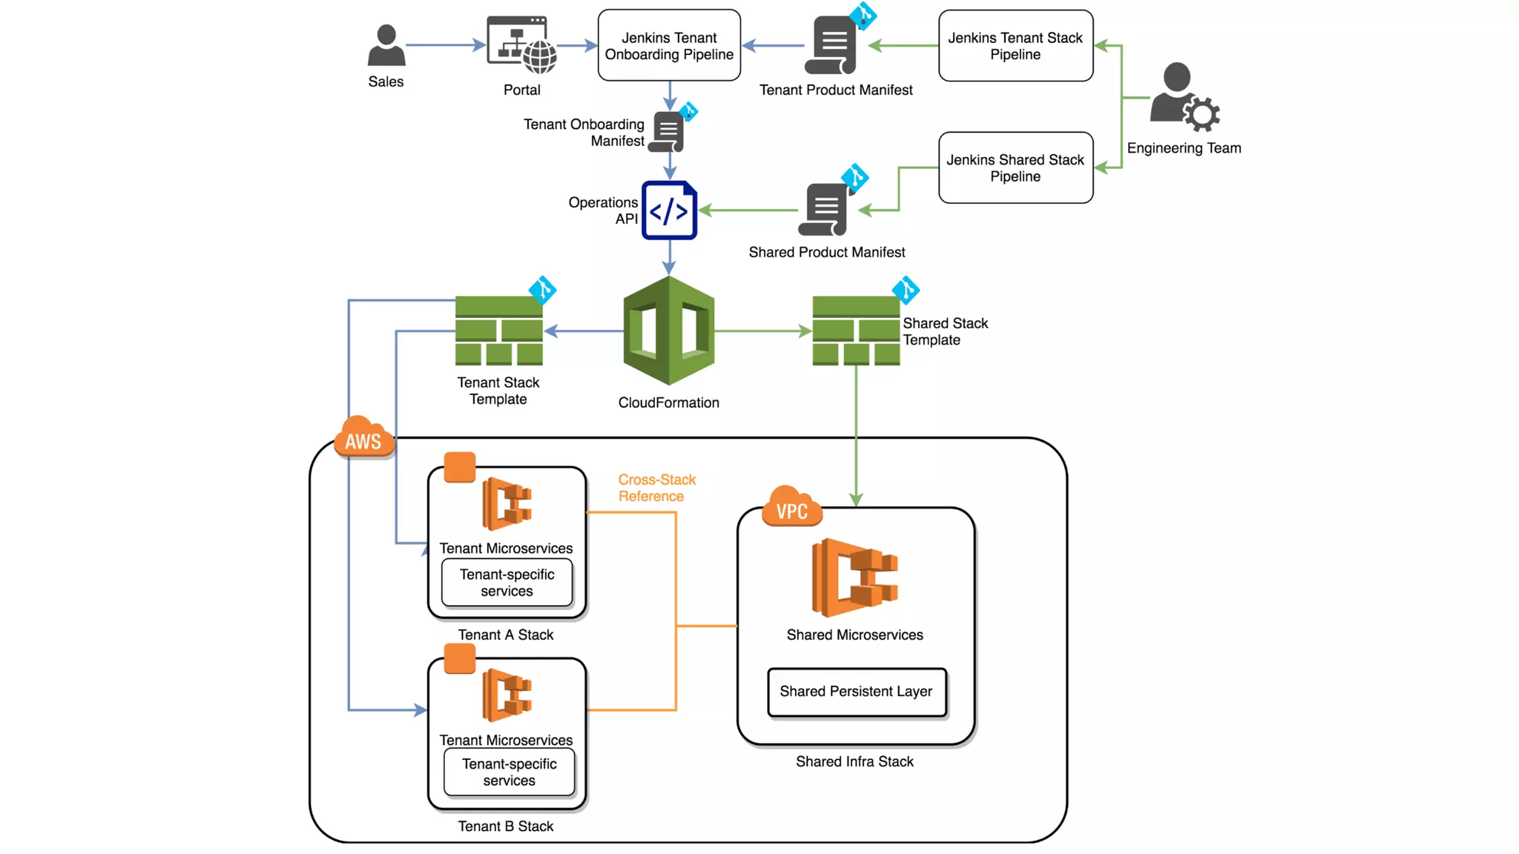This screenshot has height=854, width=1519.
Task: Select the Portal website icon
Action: pyautogui.click(x=521, y=45)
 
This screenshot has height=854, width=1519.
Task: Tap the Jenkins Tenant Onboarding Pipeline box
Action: pyautogui.click(x=669, y=45)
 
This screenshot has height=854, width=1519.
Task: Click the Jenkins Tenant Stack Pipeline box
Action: pyautogui.click(x=1015, y=45)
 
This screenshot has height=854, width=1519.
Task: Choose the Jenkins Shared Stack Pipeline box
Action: pyautogui.click(x=1015, y=168)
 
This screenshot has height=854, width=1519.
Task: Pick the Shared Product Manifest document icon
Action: pyautogui.click(x=825, y=210)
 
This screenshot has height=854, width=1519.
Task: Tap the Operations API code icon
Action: pyautogui.click(x=669, y=211)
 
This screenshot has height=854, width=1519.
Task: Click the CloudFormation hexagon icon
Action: pyautogui.click(x=669, y=331)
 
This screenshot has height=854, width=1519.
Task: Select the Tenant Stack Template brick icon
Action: pyautogui.click(x=498, y=331)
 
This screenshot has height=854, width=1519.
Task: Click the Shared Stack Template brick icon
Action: pyautogui.click(x=856, y=331)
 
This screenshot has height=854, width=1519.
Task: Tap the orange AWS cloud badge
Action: pyautogui.click(x=363, y=439)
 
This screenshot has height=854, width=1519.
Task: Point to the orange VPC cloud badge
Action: pyautogui.click(x=791, y=509)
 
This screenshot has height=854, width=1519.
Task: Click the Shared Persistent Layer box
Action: pyautogui.click(x=857, y=692)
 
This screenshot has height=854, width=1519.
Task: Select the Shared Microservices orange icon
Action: pyautogui.click(x=854, y=578)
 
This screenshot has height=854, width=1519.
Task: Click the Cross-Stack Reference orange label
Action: pyautogui.click(x=656, y=488)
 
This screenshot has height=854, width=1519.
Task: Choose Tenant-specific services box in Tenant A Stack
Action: pyautogui.click(x=507, y=583)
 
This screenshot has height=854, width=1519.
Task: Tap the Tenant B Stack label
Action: pyautogui.click(x=505, y=826)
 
